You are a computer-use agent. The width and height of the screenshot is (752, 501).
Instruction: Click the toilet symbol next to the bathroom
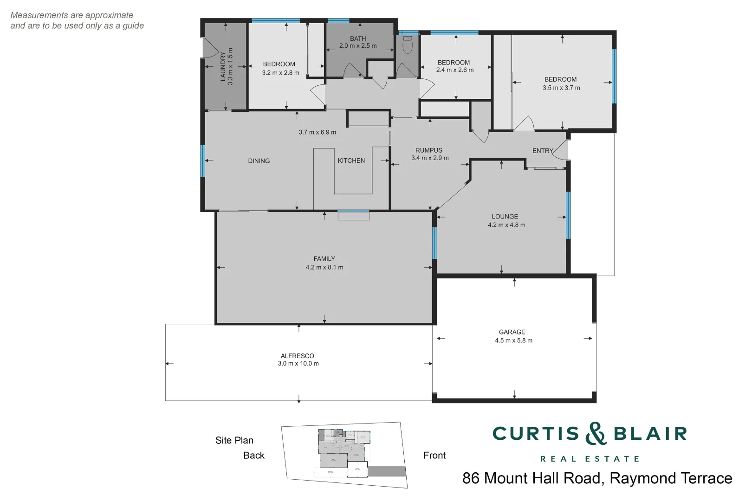click(x=408, y=45)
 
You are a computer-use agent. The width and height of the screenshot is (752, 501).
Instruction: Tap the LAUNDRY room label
click(x=223, y=66)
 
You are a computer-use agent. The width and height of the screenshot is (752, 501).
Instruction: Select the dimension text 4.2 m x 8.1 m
click(x=324, y=267)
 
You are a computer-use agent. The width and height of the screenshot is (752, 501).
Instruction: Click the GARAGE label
click(x=512, y=332)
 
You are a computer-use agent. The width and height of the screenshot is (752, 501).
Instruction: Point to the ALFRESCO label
click(x=297, y=356)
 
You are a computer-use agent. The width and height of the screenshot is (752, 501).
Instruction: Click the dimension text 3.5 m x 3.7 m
click(x=561, y=88)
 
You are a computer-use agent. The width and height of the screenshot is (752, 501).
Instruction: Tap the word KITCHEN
click(x=351, y=161)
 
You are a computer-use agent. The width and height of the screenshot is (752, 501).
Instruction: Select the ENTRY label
click(x=542, y=151)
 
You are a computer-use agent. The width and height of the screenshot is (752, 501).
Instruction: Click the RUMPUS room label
click(x=428, y=150)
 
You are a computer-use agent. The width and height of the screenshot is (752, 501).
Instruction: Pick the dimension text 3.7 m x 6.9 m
click(x=317, y=132)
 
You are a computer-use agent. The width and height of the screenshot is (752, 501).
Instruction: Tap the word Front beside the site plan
click(x=434, y=456)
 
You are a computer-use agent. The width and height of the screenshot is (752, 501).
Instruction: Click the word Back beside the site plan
click(x=253, y=456)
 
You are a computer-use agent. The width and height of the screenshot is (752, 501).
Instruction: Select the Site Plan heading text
click(x=234, y=440)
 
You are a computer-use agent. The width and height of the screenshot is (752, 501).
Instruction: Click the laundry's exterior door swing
click(x=210, y=46)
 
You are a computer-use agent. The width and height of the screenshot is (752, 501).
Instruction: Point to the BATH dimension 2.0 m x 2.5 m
click(x=358, y=46)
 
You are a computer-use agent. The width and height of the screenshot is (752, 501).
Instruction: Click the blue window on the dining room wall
click(x=203, y=161)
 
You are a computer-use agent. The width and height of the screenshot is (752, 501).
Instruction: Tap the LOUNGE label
click(x=505, y=217)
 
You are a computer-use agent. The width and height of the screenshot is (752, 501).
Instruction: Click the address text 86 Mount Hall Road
click(x=532, y=478)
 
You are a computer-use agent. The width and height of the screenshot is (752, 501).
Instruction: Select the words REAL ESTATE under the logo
click(x=590, y=459)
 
